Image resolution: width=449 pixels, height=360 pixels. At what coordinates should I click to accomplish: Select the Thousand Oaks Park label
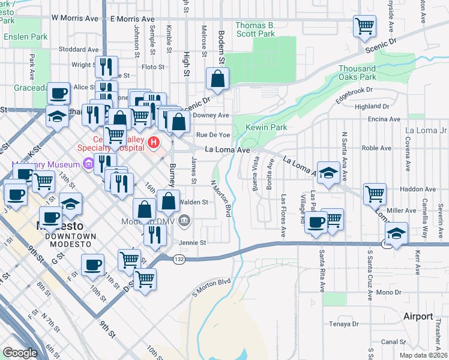pos(366,73)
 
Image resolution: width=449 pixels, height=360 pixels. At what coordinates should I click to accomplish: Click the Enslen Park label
pos(25,37)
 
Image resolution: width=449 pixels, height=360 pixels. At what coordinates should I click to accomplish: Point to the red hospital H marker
pos(154,143)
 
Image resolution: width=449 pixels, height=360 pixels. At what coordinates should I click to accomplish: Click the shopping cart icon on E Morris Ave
pos(364,26)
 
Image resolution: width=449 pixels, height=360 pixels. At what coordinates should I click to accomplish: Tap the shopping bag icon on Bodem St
pos(218,79)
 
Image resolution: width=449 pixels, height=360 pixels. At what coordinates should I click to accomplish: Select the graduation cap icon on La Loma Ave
pos(328,173)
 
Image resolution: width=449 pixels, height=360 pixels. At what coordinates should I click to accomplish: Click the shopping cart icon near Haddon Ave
pos(375,194)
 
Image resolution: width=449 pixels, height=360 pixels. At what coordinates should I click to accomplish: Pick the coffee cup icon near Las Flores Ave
pos(316,223)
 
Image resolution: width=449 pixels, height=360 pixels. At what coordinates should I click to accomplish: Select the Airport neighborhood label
pos(418,316)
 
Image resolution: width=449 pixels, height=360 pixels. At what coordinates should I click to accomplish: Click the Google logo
pos(20,353)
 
